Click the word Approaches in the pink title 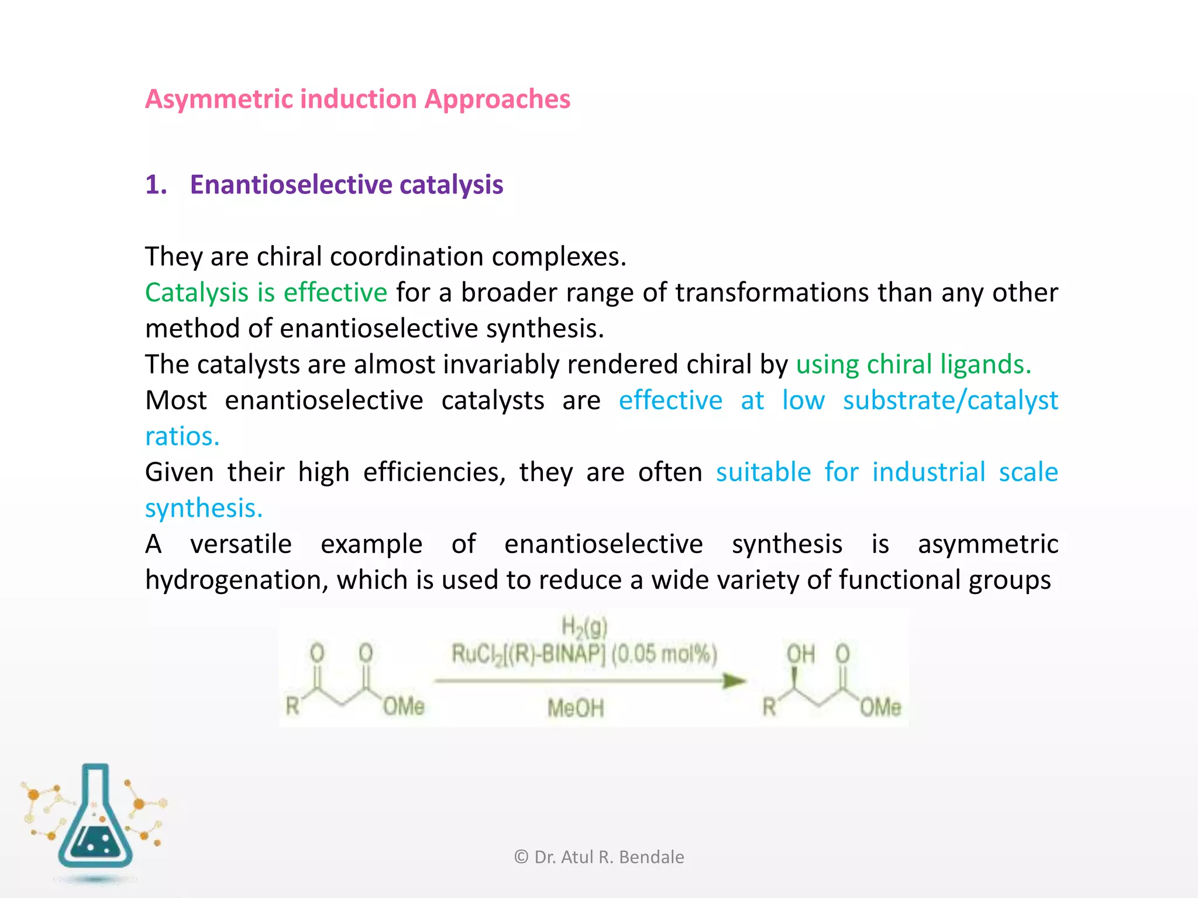pos(497,99)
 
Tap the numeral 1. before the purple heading pos(156,185)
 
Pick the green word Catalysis pos(197,292)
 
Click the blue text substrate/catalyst pos(950,400)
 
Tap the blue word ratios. pos(182,436)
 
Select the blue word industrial pos(928,472)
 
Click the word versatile pos(240,544)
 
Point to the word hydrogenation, pos(236,580)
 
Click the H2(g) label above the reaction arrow pos(584,627)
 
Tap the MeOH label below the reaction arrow pos(576,709)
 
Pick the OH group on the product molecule pos(800,654)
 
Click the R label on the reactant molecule pos(292,706)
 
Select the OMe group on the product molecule pos(880,707)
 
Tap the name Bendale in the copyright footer pos(651,857)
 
